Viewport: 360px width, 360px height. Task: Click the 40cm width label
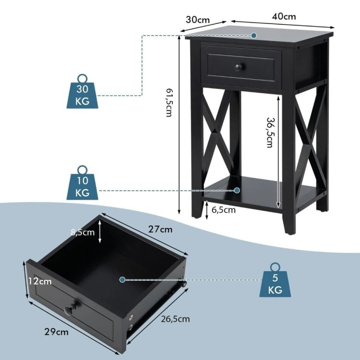[284, 16]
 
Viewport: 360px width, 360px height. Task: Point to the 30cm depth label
[198, 20]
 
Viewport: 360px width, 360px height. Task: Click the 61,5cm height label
[169, 102]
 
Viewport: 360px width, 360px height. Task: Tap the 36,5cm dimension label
[270, 132]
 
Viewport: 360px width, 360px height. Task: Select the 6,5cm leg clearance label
[223, 210]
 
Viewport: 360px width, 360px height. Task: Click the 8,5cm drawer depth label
[83, 232]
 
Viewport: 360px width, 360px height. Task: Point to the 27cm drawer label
[160, 229]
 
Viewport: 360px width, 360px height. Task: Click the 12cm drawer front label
[40, 281]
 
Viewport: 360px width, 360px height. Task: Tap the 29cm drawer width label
[56, 332]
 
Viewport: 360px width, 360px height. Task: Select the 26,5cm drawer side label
[175, 319]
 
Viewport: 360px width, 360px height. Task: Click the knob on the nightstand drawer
[239, 68]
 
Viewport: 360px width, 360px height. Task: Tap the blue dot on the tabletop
[254, 36]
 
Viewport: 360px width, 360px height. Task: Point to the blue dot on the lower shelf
[237, 191]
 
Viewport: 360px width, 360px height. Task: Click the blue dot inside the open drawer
[122, 280]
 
